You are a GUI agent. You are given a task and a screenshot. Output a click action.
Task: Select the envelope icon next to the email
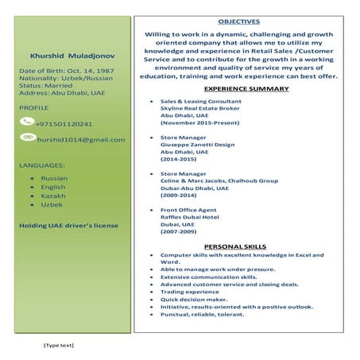click(29, 138)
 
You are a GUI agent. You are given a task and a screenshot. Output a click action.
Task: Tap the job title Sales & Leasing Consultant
click(202, 103)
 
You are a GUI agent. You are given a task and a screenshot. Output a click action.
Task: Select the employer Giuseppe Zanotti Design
click(196, 145)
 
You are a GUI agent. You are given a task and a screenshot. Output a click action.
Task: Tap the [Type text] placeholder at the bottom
click(58, 345)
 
